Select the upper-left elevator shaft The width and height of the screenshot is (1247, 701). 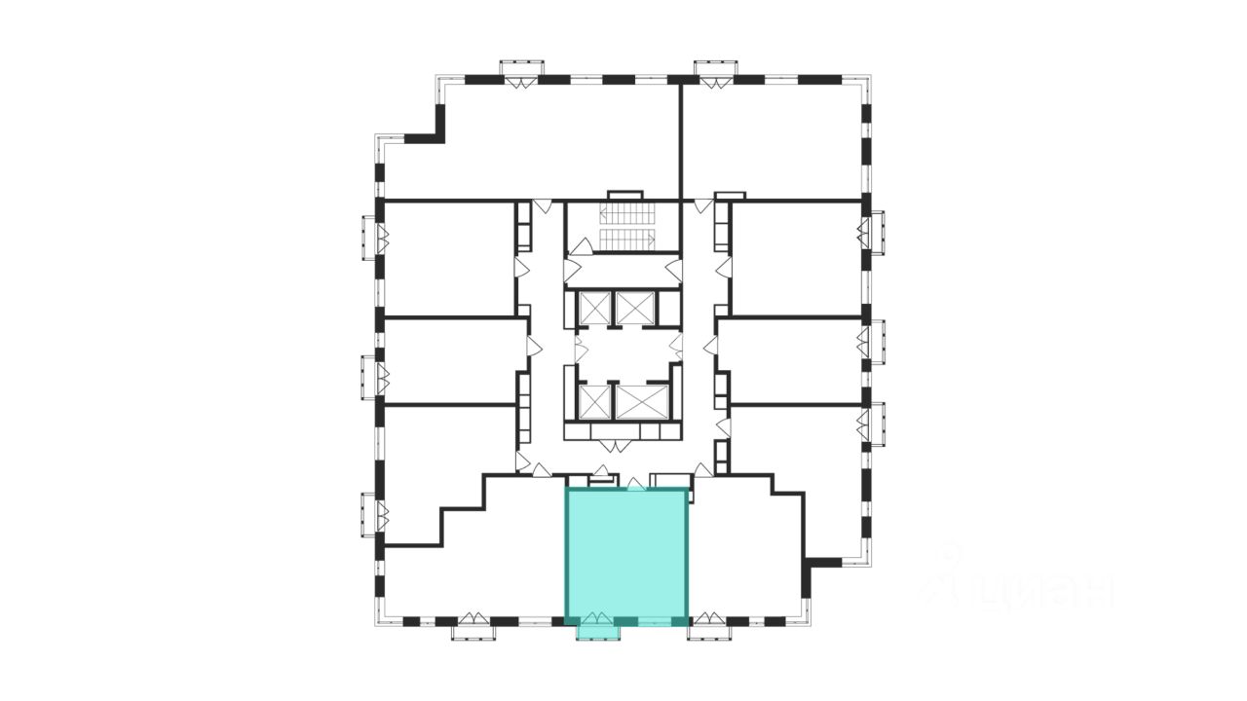(x=593, y=308)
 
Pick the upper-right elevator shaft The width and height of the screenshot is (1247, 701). (x=636, y=308)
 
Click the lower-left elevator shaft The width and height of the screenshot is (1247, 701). (x=593, y=401)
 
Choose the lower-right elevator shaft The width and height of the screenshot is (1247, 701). (x=642, y=401)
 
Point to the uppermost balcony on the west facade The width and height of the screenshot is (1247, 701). (x=370, y=238)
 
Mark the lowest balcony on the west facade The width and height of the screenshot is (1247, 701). (x=370, y=514)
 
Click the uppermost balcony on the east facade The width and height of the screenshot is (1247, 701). (x=876, y=232)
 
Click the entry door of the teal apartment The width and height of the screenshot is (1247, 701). (x=635, y=484)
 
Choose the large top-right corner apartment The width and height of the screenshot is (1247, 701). (x=770, y=141)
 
